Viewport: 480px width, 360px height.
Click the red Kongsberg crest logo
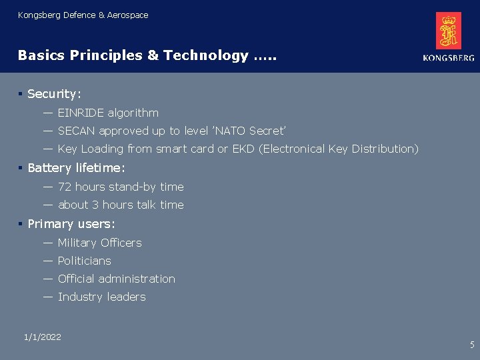[448, 31]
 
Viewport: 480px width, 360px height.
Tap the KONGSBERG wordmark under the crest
[448, 58]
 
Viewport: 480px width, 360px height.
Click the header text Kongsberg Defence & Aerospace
[83, 15]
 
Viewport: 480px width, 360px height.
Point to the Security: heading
[54, 95]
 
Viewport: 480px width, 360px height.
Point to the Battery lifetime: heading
[76, 168]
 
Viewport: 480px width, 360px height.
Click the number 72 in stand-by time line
[65, 187]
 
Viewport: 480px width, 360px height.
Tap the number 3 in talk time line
[95, 205]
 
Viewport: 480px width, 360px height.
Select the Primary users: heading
[71, 224]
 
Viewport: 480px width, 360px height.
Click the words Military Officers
[99, 243]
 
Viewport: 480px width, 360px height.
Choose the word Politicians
[84, 261]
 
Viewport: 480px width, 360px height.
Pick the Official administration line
[116, 279]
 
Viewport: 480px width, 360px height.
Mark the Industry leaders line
[101, 297]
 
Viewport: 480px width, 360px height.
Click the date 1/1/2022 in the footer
[42, 337]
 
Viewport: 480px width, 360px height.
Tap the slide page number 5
[472, 345]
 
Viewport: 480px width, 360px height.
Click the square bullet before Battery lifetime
[21, 168]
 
